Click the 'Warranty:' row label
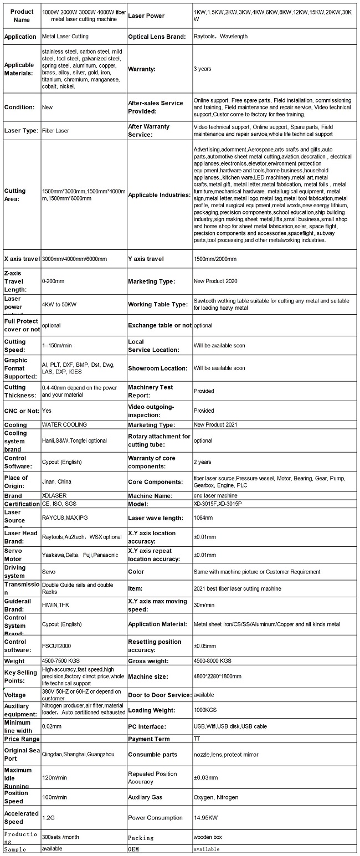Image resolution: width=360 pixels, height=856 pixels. (141, 69)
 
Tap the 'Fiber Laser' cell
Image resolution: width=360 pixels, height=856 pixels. (55, 131)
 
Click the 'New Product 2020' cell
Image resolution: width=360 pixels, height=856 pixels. (215, 281)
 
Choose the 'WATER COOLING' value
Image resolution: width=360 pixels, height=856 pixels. (64, 425)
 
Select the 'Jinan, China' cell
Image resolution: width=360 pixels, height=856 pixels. (56, 482)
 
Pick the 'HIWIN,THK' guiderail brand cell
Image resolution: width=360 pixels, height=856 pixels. (56, 606)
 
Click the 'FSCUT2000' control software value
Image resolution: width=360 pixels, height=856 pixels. (56, 645)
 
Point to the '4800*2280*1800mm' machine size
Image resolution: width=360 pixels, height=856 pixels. (218, 676)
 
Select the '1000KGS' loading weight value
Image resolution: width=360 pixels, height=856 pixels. (205, 710)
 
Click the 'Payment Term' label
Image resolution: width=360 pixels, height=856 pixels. (149, 739)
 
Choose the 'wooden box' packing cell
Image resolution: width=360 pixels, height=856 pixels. (207, 838)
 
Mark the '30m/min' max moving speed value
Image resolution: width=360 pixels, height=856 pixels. (203, 606)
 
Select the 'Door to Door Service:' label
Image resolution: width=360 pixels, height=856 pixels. (160, 695)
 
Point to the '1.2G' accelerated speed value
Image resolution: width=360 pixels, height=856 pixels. (49, 818)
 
